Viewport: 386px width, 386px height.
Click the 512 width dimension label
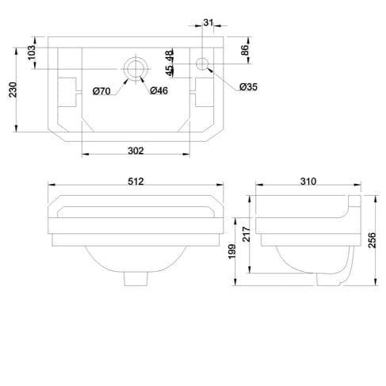click(136, 181)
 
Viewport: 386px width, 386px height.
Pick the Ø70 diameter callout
click(101, 92)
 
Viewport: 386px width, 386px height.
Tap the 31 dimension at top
click(208, 22)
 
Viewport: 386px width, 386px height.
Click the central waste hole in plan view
click(136, 68)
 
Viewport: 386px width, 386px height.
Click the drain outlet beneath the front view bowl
click(136, 279)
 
